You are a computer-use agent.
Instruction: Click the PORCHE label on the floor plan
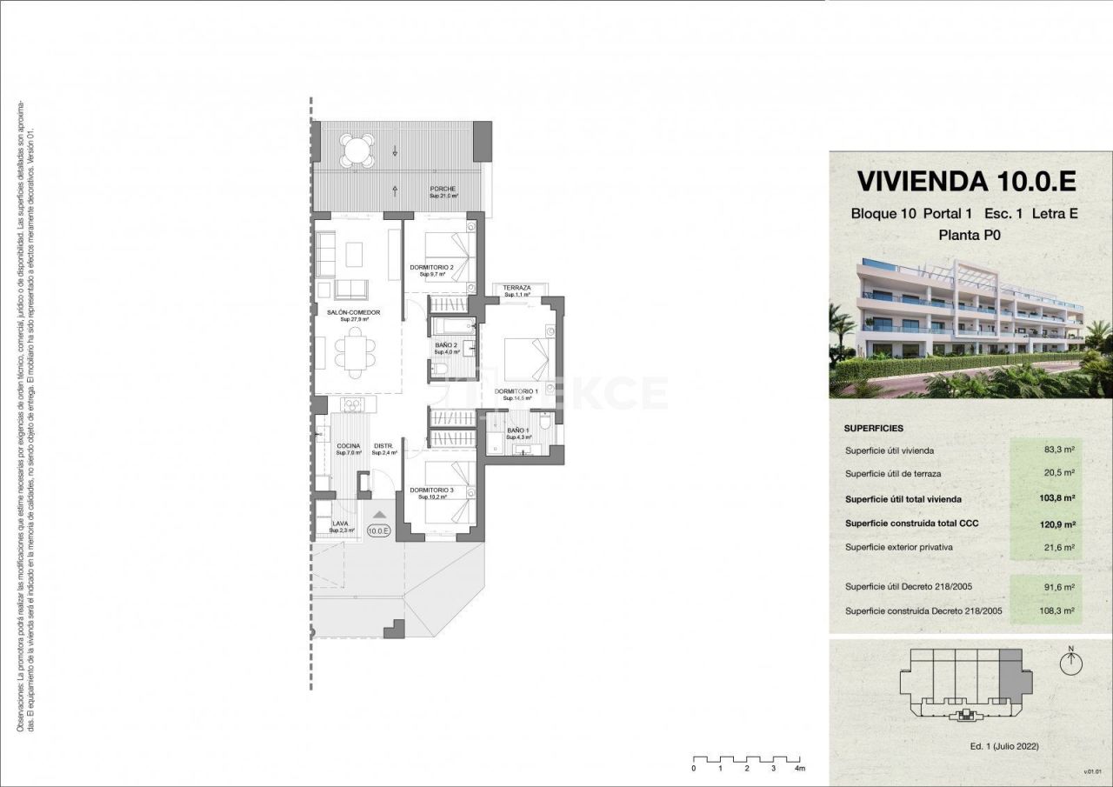[x=443, y=189]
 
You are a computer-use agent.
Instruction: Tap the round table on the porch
[x=357, y=150]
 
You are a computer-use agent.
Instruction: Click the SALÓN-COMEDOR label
[x=354, y=312]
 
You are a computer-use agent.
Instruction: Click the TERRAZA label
[x=517, y=288]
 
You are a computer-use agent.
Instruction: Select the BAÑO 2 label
[x=446, y=345]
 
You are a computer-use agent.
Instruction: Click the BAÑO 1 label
[x=517, y=430]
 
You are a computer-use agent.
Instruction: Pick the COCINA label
[x=348, y=446]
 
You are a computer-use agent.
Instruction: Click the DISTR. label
[x=383, y=446]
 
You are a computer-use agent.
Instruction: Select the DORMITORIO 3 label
[x=432, y=490]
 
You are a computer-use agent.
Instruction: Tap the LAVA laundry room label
[x=340, y=524]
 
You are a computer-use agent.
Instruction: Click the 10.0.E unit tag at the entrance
[x=379, y=530]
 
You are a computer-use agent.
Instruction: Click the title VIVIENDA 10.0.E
[x=966, y=181]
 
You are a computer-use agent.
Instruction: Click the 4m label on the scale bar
[x=798, y=769]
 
